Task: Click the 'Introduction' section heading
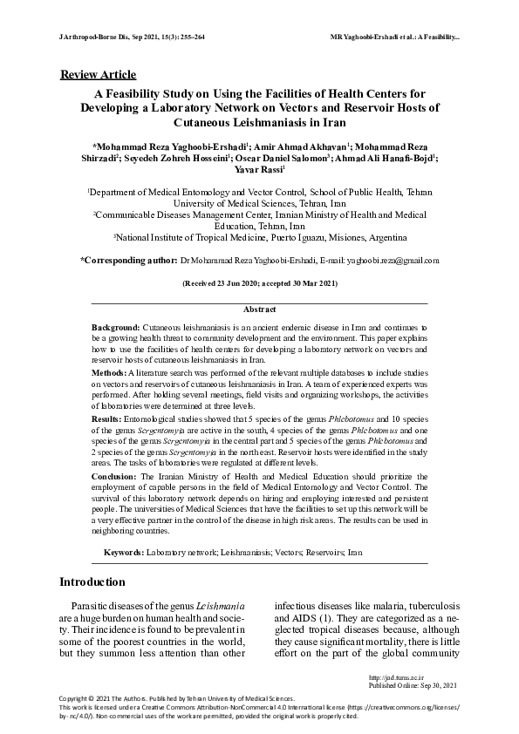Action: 92,581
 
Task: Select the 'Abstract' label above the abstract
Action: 259,309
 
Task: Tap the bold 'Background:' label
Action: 116,324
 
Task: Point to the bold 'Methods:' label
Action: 109,372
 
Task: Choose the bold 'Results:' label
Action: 107,419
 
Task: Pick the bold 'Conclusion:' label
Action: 114,478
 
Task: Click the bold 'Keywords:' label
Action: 124,553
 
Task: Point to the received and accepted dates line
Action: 259,284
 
